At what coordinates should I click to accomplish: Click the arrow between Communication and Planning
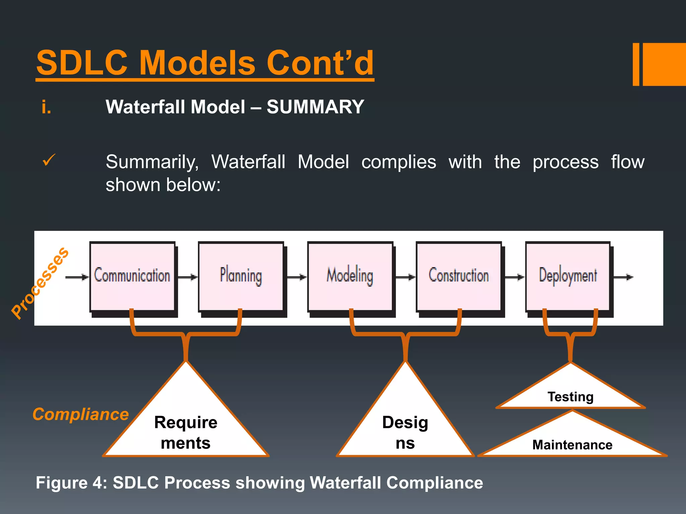tap(188, 277)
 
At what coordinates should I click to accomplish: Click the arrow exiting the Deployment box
tap(623, 277)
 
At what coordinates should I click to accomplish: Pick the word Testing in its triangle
tap(570, 397)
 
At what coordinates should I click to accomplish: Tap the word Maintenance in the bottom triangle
tap(572, 445)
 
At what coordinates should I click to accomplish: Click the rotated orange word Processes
tap(40, 283)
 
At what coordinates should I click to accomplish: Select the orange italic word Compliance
tap(81, 414)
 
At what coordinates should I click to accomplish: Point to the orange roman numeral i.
tap(46, 107)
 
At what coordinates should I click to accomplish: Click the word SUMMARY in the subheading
tap(315, 107)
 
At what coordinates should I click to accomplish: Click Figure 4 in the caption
tap(70, 483)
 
